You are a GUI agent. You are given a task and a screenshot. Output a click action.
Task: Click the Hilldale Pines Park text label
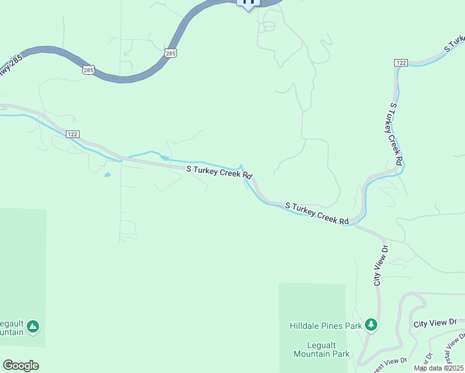point(326,326)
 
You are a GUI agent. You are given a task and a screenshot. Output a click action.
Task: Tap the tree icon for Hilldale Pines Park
point(371,325)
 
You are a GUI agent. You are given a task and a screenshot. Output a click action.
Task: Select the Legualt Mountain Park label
point(320,349)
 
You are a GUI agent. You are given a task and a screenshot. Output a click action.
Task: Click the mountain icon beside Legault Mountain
point(33,326)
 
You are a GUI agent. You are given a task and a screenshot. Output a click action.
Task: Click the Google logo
point(21,366)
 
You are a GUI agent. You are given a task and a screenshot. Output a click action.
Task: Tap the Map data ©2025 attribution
point(438,368)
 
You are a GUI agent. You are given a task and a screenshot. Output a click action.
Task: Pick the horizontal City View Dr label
point(435,323)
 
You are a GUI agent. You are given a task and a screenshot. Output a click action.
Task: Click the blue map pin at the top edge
point(249,4)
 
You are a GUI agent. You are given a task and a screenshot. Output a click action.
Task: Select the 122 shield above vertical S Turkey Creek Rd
point(400,63)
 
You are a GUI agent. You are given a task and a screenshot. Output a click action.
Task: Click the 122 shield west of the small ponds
point(73,134)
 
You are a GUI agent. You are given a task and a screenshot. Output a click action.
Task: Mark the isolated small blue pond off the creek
point(108,175)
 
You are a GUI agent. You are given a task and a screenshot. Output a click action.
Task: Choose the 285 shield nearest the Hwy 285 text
point(88,70)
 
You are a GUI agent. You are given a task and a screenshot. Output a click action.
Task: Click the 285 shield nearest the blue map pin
point(171,54)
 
